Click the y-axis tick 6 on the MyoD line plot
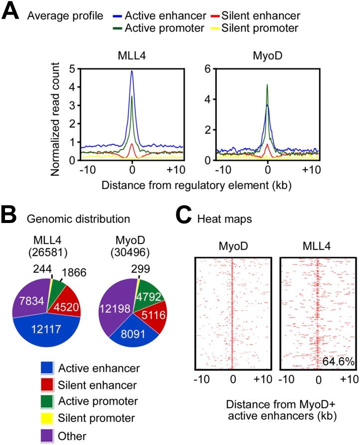(x=212, y=68)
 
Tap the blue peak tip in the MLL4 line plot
(x=132, y=71)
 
